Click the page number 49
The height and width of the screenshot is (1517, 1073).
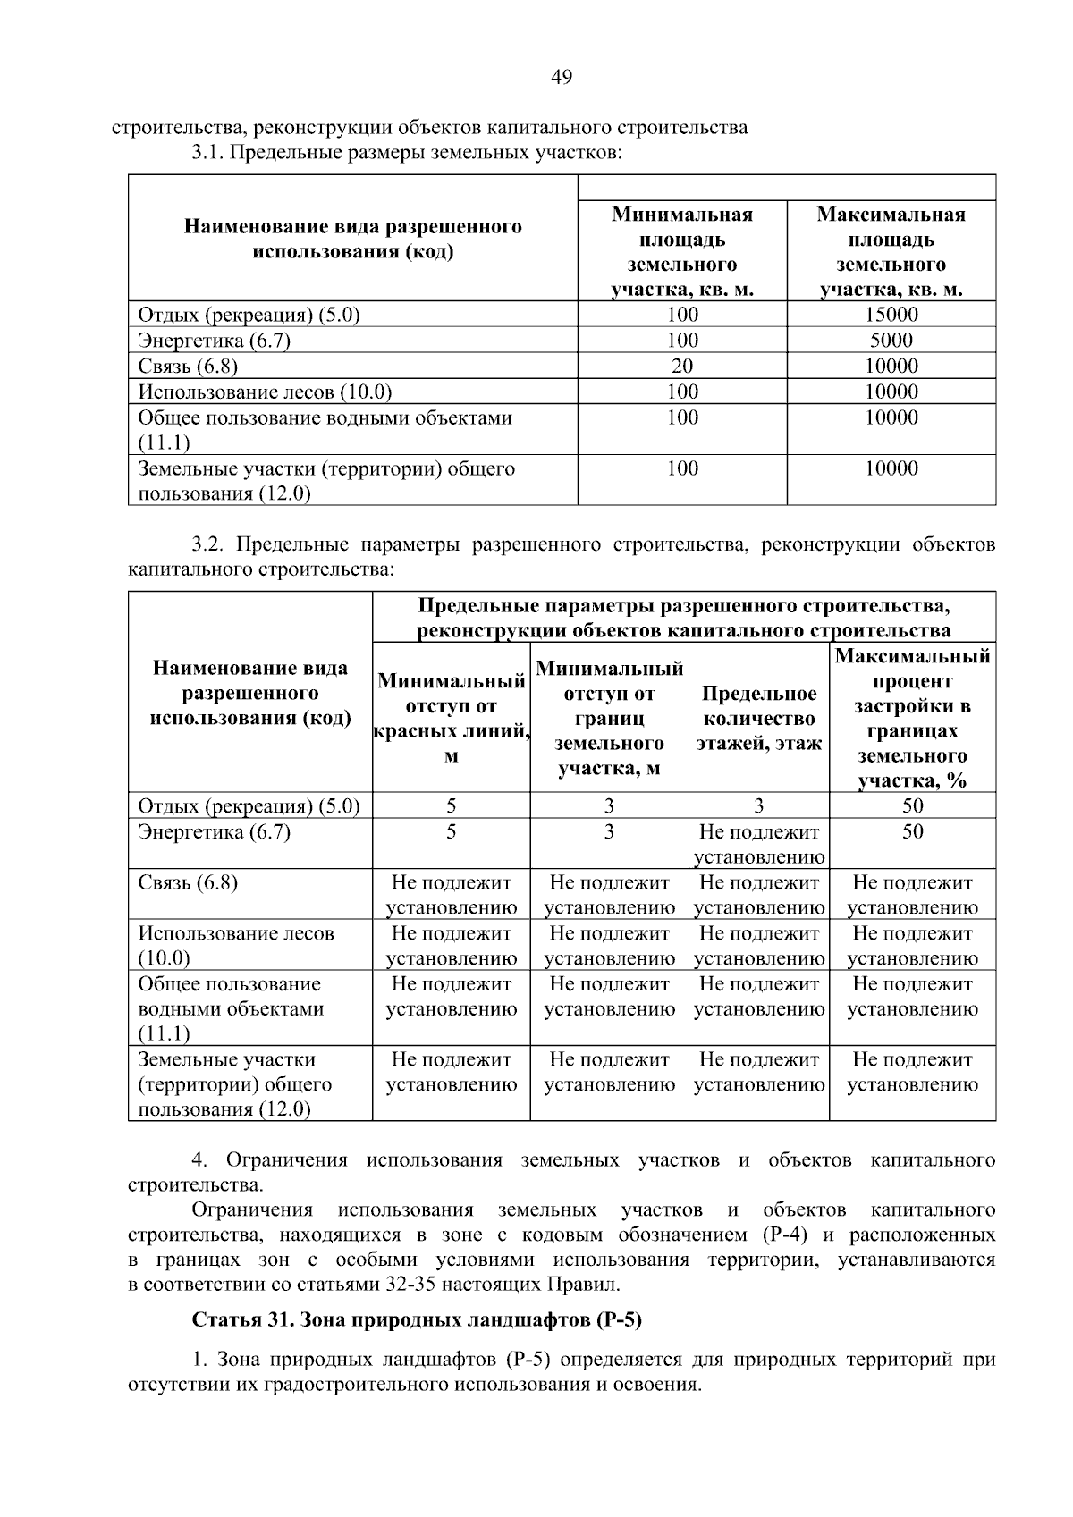[x=562, y=78]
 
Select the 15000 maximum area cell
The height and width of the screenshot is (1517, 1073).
[x=891, y=315]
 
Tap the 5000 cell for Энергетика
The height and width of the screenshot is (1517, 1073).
[x=891, y=341]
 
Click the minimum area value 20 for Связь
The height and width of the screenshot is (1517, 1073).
[x=682, y=367]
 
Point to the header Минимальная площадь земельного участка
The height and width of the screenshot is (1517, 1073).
[x=682, y=252]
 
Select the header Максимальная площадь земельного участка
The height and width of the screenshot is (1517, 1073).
[x=891, y=252]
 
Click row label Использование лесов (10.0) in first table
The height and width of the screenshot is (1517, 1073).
[x=265, y=392]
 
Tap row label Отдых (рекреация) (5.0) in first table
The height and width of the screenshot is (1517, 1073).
[x=249, y=315]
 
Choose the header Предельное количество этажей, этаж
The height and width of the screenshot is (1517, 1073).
[x=759, y=719]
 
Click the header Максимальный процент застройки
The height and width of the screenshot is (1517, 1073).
[x=912, y=718]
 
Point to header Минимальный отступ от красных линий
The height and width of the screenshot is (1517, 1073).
[x=451, y=718]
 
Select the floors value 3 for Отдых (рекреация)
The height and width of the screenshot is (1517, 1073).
[x=758, y=806]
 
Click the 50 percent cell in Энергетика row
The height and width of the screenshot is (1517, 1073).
[x=912, y=832]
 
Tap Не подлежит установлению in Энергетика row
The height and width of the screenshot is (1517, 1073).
[x=759, y=845]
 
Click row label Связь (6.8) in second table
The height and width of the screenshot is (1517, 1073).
[x=188, y=883]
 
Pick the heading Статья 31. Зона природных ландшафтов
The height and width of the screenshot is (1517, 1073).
[x=418, y=1320]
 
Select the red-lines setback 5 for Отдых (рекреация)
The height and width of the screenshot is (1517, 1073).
[x=451, y=806]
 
